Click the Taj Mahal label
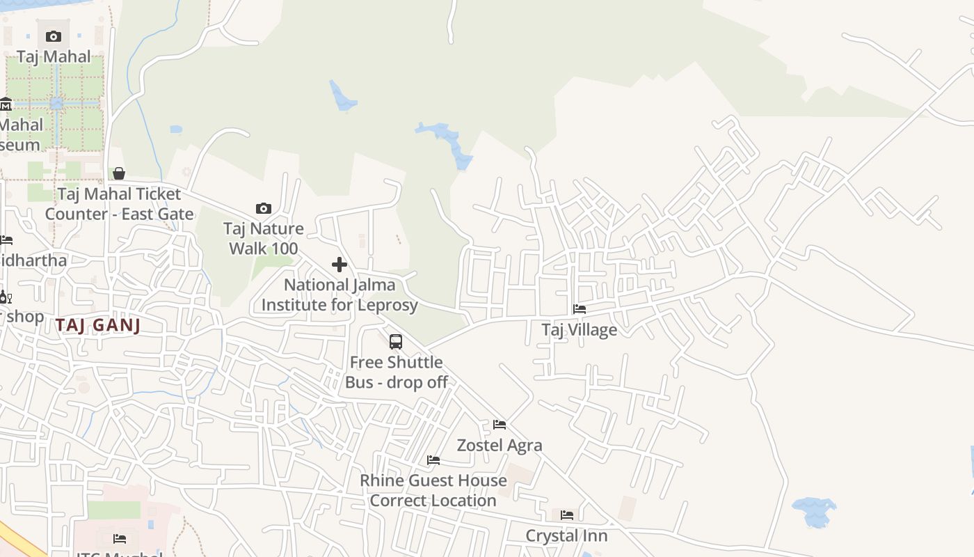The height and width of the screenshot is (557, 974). pos(54,56)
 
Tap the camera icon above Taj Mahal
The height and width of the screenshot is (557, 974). pos(54,36)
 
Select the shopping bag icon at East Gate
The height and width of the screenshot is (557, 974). pos(119,173)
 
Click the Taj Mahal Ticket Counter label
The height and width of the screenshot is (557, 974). pos(119,204)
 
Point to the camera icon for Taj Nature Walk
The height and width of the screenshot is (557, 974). pos(263,208)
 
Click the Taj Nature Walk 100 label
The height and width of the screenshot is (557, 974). pos(264,239)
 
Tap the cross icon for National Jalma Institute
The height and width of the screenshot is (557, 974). pos(340,265)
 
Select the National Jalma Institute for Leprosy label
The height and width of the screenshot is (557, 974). pos(340,295)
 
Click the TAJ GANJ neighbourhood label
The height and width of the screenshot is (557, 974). pos(98,325)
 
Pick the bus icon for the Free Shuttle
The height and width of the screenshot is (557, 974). pos(396,342)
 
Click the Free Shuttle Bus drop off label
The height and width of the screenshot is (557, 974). pos(397,372)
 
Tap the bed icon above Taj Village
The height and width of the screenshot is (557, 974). pos(579,309)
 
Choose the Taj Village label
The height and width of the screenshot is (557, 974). pos(579,329)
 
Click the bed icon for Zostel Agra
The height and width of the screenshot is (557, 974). pos(499,425)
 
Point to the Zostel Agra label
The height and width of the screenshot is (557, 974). pos(499,445)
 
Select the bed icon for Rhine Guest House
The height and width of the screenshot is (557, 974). pos(433,460)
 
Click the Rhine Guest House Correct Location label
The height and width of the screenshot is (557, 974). pos(433,490)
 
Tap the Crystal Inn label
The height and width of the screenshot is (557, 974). pos(566,535)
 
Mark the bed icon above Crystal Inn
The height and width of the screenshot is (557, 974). pos(567,515)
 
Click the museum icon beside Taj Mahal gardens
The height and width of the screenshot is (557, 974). pos(6,105)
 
